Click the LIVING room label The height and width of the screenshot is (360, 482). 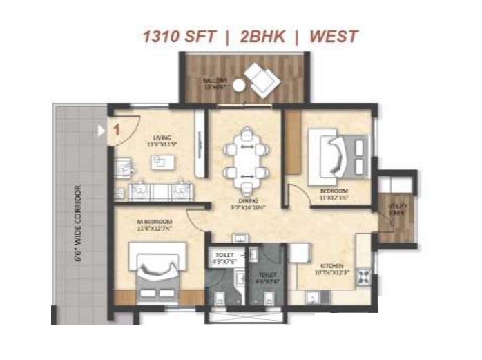pos(160,138)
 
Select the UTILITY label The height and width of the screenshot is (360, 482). pos(398,205)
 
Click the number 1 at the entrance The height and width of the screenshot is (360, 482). pos(117,129)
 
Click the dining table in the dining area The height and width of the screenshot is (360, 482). pos(245,161)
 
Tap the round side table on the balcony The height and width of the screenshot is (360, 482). pos(239,84)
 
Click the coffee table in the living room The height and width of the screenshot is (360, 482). pos(161,162)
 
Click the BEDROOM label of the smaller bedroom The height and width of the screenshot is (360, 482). pos(334,191)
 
